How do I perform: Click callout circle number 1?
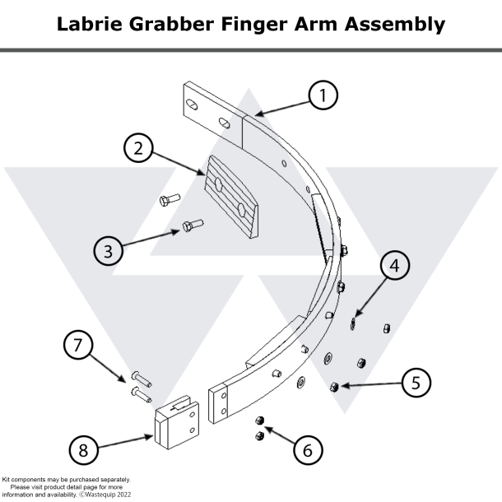click(323, 95)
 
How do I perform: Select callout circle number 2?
click(139, 149)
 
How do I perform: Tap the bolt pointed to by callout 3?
click(192, 225)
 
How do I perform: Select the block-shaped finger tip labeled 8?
click(175, 424)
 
